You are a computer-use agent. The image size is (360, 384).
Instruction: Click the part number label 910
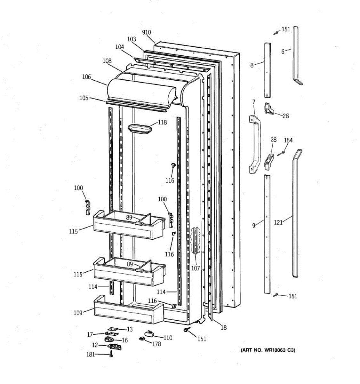[147, 32]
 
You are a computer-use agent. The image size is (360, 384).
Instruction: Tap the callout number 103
[132, 39]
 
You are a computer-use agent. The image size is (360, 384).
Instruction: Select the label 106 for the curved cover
[86, 77]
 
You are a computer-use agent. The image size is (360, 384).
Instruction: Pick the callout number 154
[288, 140]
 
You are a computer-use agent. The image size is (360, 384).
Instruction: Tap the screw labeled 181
[111, 355]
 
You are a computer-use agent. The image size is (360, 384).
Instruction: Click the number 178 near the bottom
[156, 344]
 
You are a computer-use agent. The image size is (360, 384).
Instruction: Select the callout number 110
[168, 338]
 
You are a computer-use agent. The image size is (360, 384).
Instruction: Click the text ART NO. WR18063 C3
[268, 350]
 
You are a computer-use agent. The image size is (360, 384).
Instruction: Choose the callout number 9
[254, 226]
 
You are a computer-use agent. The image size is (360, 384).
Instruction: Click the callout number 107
[196, 268]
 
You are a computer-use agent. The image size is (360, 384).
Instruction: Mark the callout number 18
[223, 327]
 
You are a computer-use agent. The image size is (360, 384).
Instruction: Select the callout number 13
[130, 329]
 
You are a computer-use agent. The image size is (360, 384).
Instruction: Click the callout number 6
[283, 52]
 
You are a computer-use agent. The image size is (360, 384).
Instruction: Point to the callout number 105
[84, 98]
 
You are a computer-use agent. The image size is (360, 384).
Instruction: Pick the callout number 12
[95, 345]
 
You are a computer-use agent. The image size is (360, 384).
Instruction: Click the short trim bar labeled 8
[268, 70]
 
